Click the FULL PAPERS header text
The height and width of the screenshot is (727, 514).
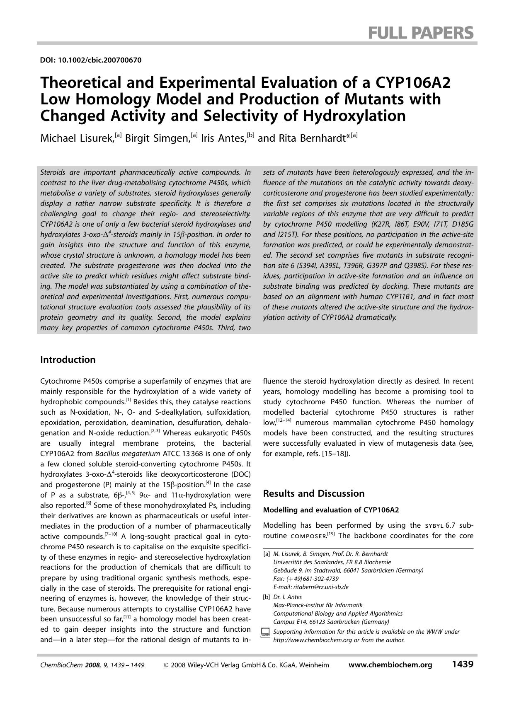[420, 32]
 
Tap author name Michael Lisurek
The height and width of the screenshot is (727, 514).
[77, 138]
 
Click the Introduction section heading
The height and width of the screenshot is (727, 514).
[68, 360]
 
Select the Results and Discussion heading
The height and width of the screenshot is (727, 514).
[314, 493]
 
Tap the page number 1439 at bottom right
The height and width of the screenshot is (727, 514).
[462, 664]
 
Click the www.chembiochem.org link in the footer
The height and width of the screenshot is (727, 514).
[390, 665]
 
